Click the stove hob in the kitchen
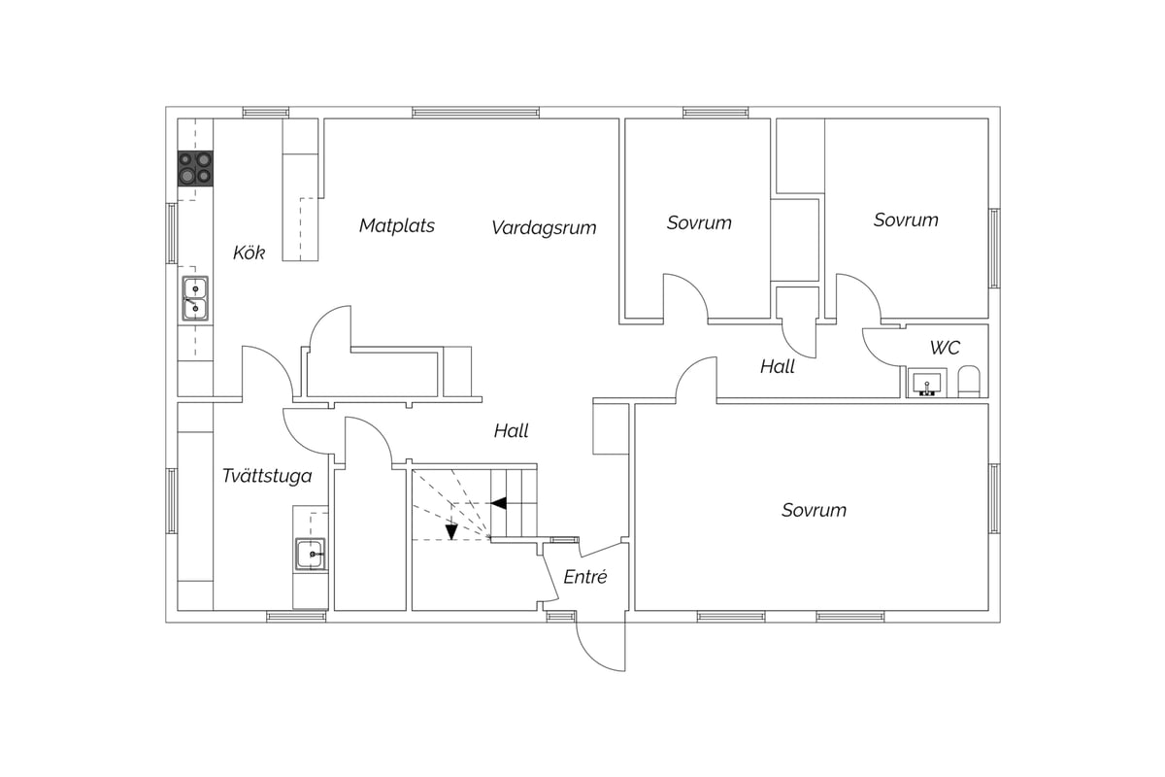click(195, 168)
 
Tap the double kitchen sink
click(195, 298)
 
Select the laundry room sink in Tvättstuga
click(311, 554)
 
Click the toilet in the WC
click(969, 382)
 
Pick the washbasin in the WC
click(926, 383)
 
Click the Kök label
click(249, 253)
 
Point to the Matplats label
click(397, 225)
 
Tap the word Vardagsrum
click(544, 228)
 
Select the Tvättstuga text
click(267, 476)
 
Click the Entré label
click(585, 577)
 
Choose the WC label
click(945, 348)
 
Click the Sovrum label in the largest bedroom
click(814, 510)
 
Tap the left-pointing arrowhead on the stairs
click(499, 503)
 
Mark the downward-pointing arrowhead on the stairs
click(451, 531)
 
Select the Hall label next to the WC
click(778, 367)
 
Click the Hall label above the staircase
click(511, 431)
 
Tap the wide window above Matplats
click(476, 113)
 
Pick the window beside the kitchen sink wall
click(171, 233)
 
